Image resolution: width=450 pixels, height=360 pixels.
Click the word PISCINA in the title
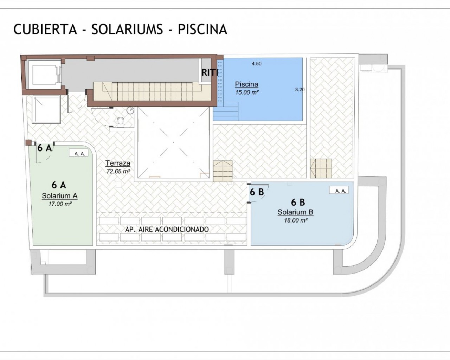202,29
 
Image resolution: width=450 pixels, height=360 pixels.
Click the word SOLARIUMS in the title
127,29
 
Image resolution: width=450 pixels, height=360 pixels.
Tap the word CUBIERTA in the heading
45,29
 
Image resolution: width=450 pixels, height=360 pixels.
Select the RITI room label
210,72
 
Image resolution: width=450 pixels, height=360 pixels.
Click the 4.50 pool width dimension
257,64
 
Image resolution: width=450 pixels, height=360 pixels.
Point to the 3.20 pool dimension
300,90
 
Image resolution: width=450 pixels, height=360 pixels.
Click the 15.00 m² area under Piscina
247,92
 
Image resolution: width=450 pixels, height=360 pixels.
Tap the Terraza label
118,163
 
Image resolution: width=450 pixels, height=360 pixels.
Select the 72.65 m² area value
118,171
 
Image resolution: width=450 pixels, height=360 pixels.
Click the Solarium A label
60,196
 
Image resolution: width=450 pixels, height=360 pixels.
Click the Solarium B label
295,212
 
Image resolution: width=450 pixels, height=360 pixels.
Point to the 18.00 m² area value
296,220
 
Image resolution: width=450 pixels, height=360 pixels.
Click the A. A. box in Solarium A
79,153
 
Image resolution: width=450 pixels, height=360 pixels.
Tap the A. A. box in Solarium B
339,190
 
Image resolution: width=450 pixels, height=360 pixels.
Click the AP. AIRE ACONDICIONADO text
167,230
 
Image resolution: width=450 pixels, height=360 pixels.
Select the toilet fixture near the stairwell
121,122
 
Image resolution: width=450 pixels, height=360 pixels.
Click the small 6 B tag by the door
257,192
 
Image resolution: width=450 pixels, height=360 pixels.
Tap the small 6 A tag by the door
45,148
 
